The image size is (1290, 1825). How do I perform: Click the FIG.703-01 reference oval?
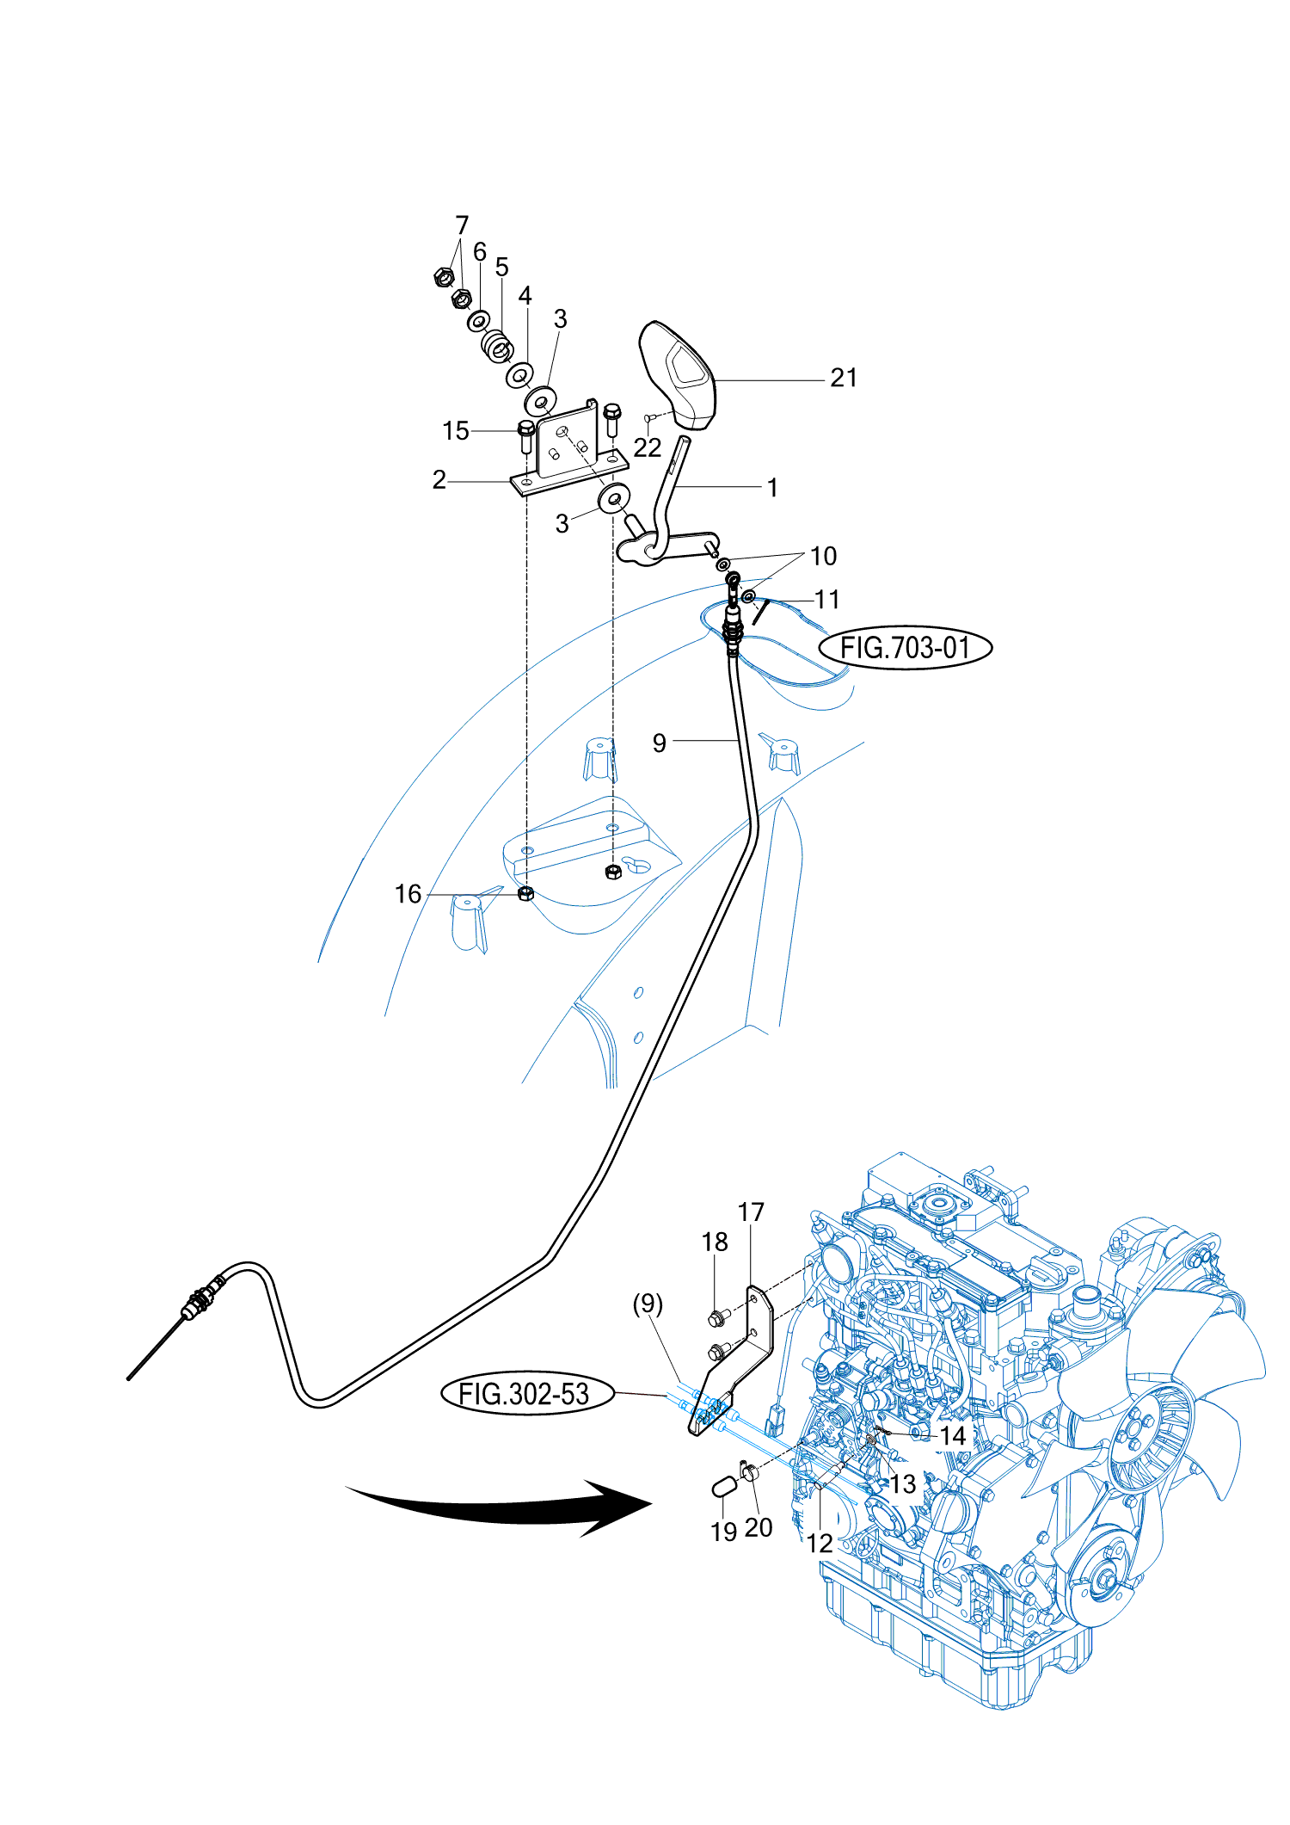905,647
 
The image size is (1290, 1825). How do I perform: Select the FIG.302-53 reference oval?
527,1393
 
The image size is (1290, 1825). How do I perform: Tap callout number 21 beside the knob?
844,378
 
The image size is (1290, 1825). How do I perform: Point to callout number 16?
408,894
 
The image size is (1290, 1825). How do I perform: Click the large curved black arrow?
499,1507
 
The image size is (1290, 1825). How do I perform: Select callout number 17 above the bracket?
751,1212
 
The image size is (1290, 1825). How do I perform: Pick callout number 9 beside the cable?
660,743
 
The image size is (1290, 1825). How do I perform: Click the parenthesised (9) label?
648,1304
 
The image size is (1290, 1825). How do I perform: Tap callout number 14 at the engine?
953,1435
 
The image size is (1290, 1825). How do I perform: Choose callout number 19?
724,1532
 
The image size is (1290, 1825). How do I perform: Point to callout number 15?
456,430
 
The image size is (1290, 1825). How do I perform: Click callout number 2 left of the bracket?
439,479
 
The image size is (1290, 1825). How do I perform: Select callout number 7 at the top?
462,225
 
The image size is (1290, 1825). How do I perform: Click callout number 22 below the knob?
648,447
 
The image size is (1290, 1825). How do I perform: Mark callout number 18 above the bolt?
715,1242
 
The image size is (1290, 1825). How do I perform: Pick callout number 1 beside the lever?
772,488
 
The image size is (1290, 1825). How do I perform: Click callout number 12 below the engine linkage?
820,1544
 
